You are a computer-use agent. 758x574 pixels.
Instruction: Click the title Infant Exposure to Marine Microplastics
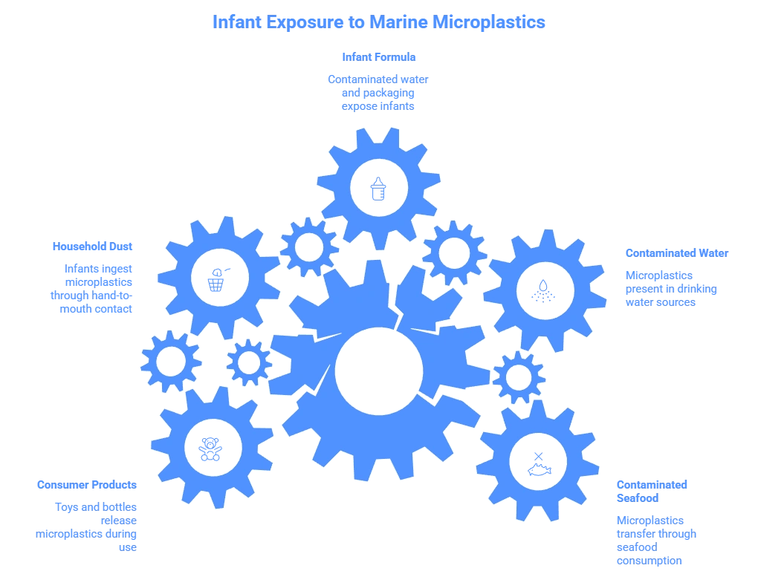378,22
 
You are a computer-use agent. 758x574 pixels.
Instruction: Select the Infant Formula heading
378,57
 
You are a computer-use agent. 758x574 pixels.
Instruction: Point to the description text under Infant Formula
378,91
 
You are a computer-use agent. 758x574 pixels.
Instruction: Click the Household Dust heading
93,246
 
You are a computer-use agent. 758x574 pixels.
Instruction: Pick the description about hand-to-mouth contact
94,287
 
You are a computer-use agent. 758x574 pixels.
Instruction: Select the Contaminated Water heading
676,253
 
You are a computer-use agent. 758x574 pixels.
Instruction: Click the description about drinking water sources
671,288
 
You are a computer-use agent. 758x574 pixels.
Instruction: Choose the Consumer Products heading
86,485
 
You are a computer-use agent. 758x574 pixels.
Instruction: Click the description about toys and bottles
87,526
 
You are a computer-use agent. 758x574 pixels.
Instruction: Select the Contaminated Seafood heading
652,492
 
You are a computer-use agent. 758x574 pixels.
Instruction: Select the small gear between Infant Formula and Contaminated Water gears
453,250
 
